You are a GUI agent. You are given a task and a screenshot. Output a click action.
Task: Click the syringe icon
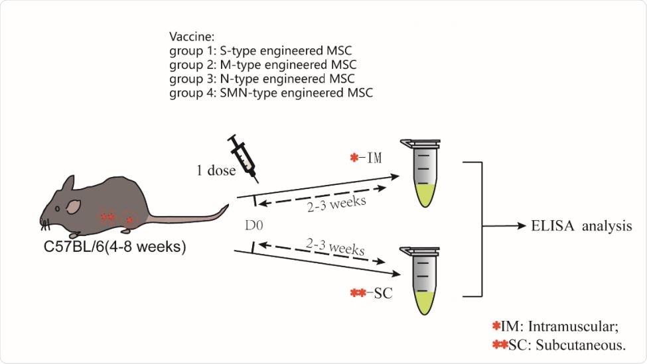tap(242, 157)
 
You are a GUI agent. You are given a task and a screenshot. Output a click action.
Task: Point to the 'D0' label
tap(254, 225)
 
